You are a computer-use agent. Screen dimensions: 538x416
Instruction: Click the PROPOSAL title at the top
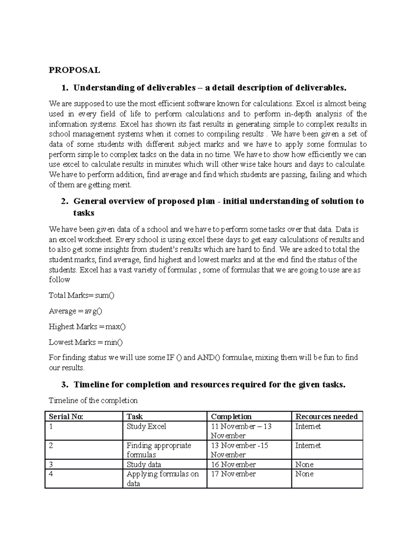pos(74,70)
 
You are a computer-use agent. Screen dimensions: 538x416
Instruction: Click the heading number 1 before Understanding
pos(64,88)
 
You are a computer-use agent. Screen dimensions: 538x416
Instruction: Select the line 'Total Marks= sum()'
pos(81,296)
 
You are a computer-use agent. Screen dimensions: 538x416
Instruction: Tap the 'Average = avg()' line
pos(75,311)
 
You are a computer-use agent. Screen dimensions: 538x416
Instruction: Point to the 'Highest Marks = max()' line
pos(87,327)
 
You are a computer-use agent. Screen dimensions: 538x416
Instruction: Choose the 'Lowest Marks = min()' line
pos(86,342)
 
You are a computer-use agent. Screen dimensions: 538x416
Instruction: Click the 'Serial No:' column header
pos(66,417)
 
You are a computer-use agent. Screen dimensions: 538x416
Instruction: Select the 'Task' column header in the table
pos(135,417)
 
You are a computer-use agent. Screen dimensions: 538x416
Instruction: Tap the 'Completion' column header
pos(231,417)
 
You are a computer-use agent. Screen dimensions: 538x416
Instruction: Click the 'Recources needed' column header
pos(326,417)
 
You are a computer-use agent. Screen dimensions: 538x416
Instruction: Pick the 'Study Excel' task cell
pos(146,426)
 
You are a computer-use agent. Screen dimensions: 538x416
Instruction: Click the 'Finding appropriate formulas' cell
pos(158,450)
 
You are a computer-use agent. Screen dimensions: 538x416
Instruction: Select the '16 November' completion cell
pos(233,465)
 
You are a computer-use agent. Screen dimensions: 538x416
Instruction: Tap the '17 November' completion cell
pos(233,474)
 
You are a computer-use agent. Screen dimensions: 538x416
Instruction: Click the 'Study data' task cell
pos(144,465)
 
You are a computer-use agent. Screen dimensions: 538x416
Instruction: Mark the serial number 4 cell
pos(51,474)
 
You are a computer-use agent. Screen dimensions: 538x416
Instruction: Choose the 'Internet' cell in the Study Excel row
pos(308,426)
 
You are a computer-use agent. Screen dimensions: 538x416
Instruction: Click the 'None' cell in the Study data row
pos(304,465)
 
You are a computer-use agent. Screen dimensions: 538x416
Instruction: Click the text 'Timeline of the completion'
pos(93,400)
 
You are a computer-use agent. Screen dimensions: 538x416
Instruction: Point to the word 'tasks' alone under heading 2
pos(84,213)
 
